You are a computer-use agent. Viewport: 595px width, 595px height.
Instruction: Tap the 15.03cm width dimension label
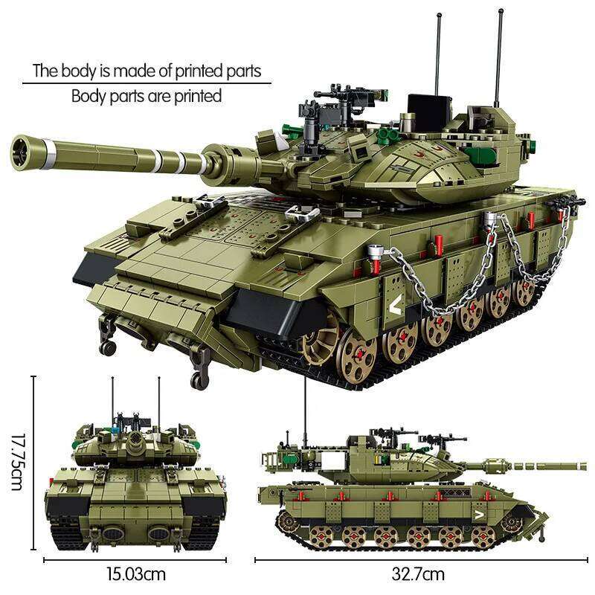point(135,573)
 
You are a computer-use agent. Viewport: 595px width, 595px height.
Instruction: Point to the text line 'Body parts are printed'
point(147,95)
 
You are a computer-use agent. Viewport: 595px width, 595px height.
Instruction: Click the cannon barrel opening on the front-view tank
point(134,442)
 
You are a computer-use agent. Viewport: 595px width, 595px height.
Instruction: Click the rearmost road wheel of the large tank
point(527,292)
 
